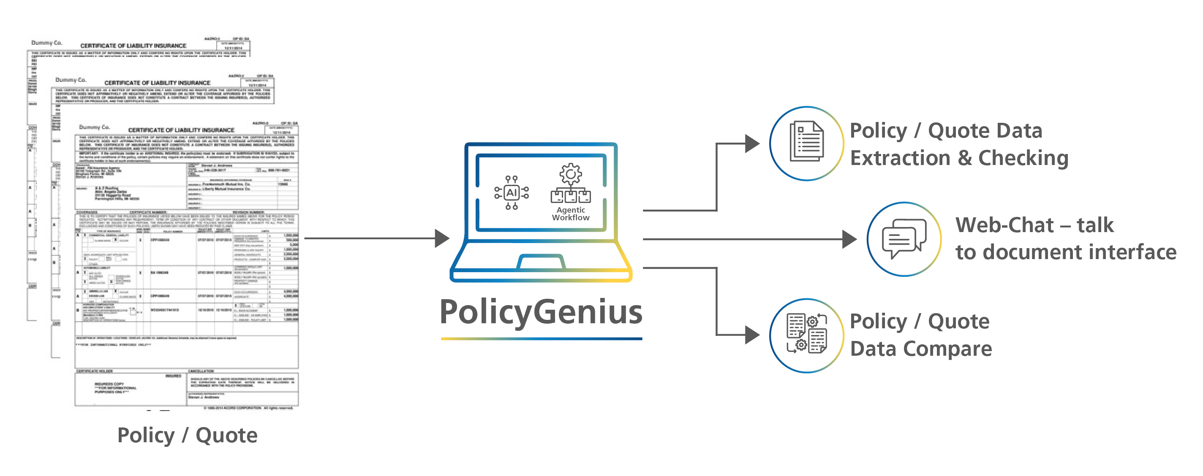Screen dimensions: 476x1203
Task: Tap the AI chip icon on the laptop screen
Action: point(512,193)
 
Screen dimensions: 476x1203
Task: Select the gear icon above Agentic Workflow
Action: point(570,174)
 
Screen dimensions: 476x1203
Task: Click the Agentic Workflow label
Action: point(571,214)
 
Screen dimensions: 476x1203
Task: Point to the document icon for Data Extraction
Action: point(806,142)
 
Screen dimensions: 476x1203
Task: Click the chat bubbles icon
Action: point(904,238)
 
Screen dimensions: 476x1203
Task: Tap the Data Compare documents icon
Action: point(806,334)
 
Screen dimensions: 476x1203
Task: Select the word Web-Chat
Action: point(1004,225)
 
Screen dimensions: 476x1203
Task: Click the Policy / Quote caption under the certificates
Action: point(187,435)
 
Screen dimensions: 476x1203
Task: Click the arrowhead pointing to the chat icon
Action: point(849,239)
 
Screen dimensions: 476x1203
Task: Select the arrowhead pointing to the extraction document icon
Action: point(752,143)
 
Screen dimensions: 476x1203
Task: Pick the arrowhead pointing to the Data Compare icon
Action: point(752,335)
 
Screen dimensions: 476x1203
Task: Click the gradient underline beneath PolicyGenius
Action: point(541,339)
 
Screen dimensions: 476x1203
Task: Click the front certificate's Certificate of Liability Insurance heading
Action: point(181,130)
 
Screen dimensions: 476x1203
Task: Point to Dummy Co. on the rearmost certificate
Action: point(46,43)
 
